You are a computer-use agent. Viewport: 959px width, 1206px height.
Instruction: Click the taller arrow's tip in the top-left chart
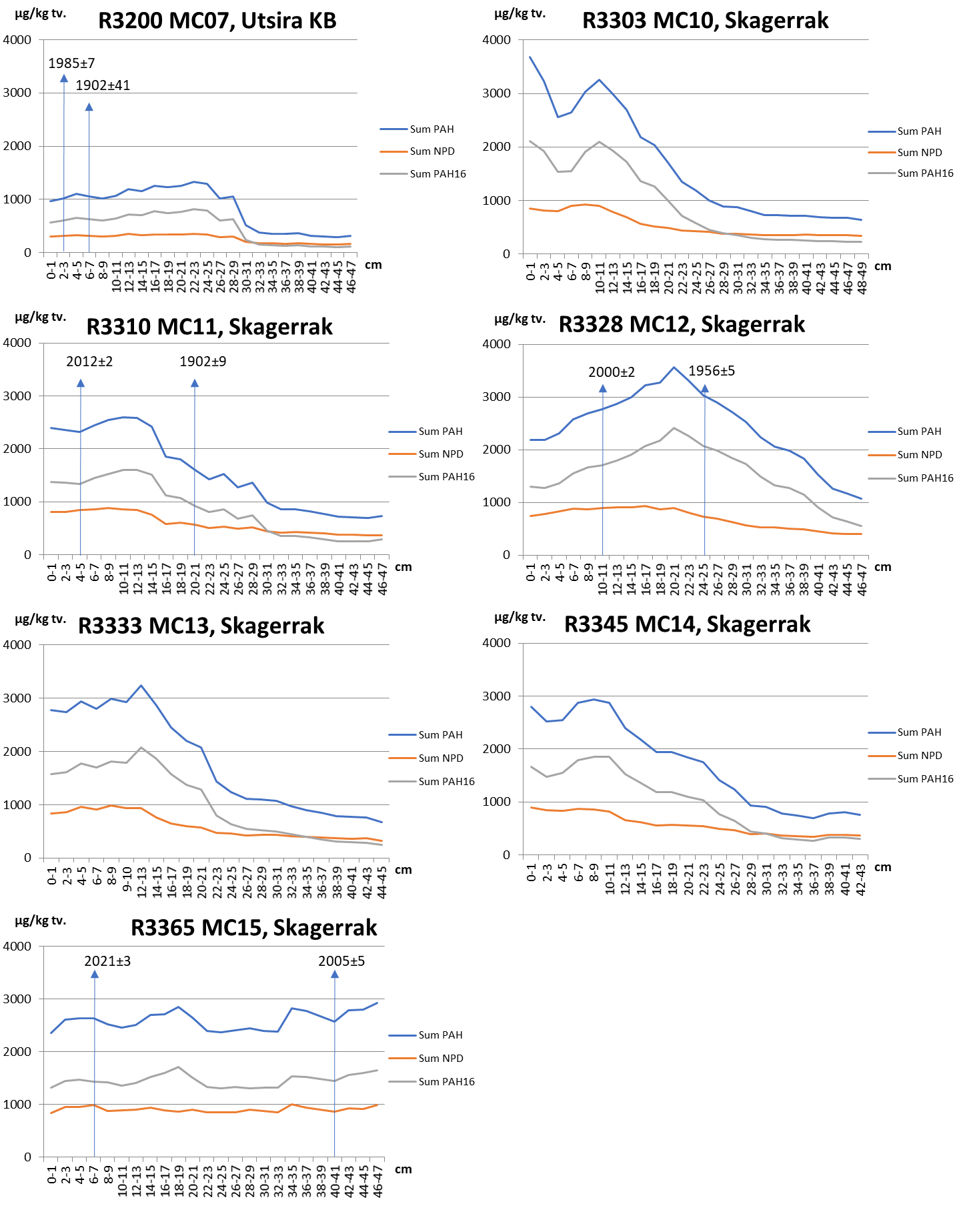coord(64,77)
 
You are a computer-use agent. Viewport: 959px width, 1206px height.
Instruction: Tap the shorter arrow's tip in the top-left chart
coord(89,106)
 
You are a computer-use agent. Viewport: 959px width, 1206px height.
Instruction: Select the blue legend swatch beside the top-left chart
coord(393,129)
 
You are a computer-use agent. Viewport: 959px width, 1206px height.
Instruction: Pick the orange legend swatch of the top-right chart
coord(882,153)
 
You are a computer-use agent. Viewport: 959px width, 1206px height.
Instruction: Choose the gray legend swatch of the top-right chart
coord(882,173)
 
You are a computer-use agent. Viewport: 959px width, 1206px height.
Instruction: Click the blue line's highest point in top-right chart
coord(530,57)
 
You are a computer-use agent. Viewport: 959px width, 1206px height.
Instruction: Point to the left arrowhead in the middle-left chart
coord(81,382)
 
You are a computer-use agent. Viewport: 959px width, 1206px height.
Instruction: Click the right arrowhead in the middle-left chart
coord(195,382)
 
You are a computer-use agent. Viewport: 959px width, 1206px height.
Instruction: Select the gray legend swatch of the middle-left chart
coord(402,477)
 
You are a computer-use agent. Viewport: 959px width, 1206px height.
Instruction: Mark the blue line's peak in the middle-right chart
coord(674,367)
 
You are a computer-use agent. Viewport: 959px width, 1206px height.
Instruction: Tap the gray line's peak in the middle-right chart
coord(674,428)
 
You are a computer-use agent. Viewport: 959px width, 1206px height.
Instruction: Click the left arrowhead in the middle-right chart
coord(603,388)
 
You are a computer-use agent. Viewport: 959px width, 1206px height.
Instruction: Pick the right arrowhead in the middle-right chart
coord(705,388)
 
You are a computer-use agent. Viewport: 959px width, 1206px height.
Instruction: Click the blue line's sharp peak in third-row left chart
coord(141,685)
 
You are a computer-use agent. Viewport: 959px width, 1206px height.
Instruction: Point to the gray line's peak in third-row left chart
coord(141,747)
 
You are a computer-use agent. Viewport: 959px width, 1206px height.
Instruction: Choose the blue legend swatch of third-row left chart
coord(402,735)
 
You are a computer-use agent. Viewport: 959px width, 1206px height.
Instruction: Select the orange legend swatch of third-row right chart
coord(882,756)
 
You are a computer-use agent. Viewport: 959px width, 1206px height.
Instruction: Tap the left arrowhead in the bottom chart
coord(95,974)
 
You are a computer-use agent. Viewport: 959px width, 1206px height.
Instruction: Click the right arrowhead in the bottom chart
coord(335,974)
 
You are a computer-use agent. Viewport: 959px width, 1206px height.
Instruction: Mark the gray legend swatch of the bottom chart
coord(402,1082)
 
